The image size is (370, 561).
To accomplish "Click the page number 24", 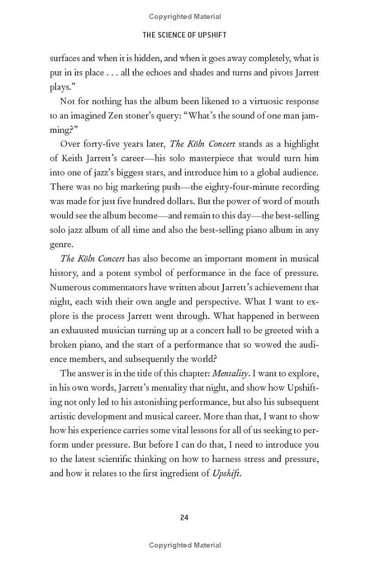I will (184, 517).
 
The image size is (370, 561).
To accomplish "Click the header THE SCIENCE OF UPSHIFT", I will (185, 35).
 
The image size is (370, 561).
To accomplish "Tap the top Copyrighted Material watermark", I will (185, 17).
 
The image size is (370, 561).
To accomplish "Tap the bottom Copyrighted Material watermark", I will (185, 545).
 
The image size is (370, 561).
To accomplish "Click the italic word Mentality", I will (233, 373).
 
